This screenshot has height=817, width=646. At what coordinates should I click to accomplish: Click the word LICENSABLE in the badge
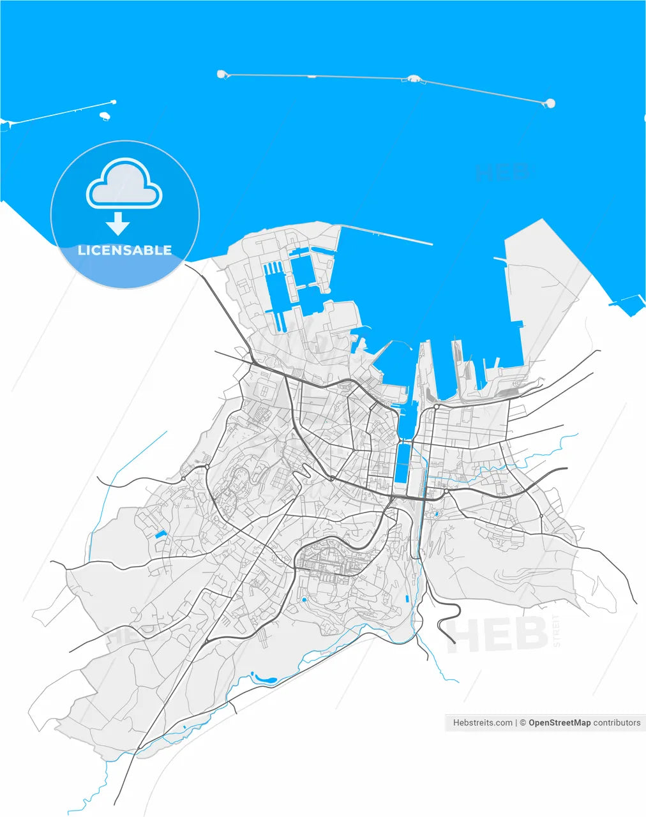point(124,250)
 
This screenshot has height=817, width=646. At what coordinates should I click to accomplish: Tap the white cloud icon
point(124,184)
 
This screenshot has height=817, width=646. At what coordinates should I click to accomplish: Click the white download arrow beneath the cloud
point(117,223)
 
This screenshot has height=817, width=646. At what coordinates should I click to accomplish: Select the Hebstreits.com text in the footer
point(483,723)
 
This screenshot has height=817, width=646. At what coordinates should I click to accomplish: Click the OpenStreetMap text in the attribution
point(559,723)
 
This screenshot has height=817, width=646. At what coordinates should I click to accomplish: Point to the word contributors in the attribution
point(617,723)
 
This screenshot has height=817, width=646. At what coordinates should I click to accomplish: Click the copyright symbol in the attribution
point(522,723)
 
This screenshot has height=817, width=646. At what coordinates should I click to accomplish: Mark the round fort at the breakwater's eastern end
point(550,103)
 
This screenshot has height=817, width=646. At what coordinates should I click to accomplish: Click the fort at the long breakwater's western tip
point(222,74)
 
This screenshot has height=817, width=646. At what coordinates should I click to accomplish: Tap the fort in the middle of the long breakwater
point(413,79)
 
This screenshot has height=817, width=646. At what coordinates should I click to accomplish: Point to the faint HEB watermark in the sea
point(502,171)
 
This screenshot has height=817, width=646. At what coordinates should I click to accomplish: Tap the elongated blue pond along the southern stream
point(264,678)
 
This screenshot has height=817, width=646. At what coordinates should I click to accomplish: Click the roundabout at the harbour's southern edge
point(436,407)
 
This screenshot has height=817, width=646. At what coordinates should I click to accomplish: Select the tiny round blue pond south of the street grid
point(304,600)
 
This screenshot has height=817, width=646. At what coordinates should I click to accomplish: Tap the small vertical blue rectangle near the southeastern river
point(407,599)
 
